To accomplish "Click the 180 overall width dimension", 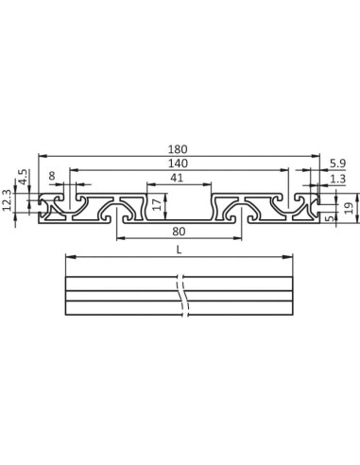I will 180,148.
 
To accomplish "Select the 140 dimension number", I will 180,163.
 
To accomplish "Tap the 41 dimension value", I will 177,179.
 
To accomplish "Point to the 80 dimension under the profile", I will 179,232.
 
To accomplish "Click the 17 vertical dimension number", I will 157,203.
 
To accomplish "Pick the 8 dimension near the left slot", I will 51,176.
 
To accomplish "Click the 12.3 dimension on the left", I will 8,199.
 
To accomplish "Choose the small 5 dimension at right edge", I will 329,218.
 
